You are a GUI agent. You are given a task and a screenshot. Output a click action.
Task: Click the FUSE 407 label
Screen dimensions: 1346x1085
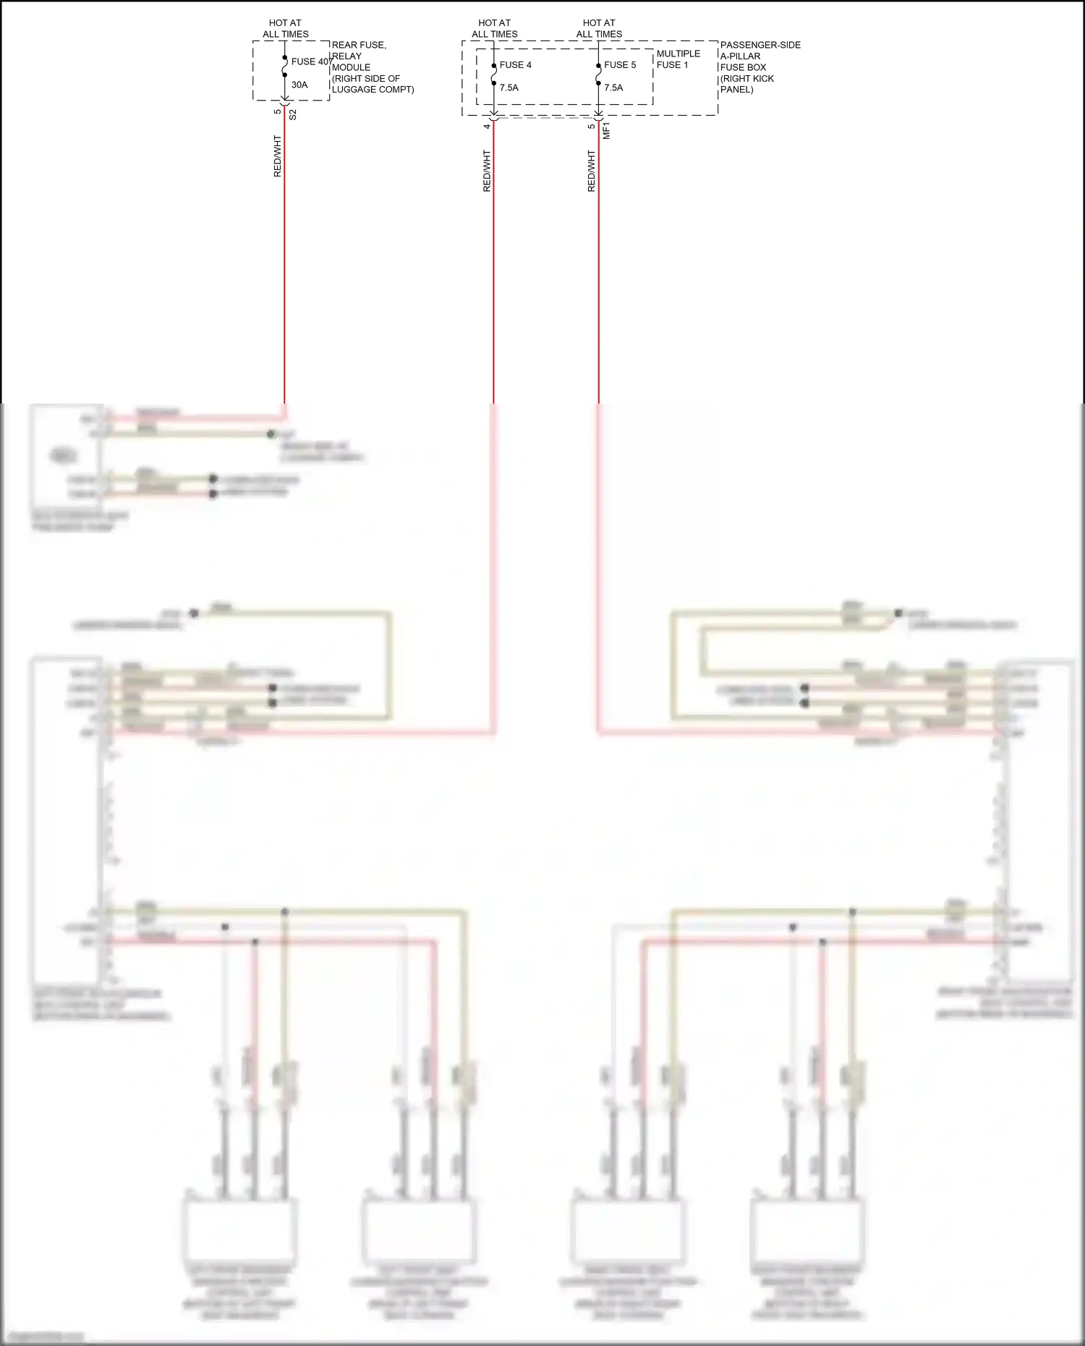pos(311,61)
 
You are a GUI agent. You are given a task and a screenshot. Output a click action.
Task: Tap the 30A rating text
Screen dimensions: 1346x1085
pos(299,85)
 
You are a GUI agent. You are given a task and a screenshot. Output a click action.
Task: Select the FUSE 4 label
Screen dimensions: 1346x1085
pos(515,65)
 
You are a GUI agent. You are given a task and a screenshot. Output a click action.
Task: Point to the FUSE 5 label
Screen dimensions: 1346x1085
pos(620,65)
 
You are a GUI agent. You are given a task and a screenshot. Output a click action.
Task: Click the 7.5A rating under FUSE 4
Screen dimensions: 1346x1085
pos(509,88)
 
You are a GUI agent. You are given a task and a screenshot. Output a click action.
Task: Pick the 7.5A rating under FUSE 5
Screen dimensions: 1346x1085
pos(613,88)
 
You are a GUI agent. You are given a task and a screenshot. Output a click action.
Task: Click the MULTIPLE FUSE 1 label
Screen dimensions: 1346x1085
pos(678,59)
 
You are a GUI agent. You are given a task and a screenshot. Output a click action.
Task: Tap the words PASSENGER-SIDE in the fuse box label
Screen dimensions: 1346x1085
pos(760,45)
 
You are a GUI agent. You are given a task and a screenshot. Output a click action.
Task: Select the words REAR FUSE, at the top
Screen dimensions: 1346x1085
pos(359,45)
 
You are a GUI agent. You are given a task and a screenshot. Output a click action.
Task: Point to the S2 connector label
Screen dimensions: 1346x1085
pos(293,114)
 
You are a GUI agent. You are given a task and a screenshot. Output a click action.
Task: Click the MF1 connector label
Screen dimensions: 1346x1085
pos(606,131)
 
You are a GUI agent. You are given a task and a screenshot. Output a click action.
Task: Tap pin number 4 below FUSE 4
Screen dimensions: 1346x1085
pos(487,127)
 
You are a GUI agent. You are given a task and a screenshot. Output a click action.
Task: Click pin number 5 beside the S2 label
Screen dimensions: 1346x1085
pos(278,111)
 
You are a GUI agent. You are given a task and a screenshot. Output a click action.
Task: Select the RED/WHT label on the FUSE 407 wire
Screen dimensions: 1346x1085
pos(278,156)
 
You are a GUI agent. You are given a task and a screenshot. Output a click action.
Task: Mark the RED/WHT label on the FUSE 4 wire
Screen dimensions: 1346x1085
pos(487,171)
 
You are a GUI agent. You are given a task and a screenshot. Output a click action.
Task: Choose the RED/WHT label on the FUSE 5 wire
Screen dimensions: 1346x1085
pos(592,171)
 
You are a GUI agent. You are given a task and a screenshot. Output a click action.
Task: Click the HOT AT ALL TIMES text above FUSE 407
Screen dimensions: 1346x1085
pos(285,28)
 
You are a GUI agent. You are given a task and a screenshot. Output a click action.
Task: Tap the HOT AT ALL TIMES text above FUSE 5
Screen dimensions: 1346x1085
pos(599,28)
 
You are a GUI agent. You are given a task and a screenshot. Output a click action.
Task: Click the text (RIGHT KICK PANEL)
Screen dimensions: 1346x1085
pos(746,84)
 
